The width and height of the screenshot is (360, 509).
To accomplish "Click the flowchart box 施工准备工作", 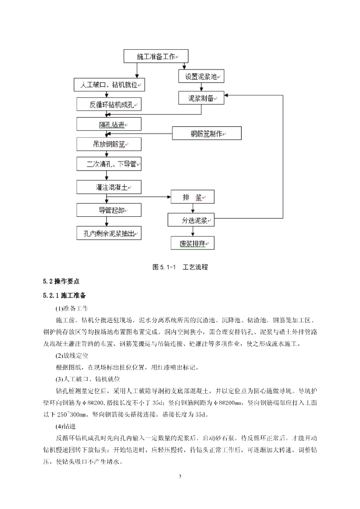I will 155,57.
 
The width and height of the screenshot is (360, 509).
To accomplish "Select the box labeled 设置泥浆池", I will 201,77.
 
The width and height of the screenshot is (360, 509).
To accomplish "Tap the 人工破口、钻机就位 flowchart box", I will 109,85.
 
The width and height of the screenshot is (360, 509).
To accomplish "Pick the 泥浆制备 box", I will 201,98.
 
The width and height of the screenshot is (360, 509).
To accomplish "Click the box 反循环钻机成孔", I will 109,104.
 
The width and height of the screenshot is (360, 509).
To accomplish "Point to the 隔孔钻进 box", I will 109,124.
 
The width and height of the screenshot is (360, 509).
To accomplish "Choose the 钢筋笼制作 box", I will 207,133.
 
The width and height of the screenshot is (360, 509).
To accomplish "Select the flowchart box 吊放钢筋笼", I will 109,144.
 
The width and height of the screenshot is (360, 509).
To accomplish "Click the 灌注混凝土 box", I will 109,187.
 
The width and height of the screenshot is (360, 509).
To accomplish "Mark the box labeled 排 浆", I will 191,197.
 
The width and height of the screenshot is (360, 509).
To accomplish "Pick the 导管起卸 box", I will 109,209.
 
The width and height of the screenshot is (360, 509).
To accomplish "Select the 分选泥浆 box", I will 191,220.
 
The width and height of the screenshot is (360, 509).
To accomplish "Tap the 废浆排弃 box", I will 191,243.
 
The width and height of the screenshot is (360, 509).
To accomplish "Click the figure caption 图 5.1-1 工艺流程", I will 180,267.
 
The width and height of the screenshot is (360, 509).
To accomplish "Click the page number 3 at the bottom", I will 180,477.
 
